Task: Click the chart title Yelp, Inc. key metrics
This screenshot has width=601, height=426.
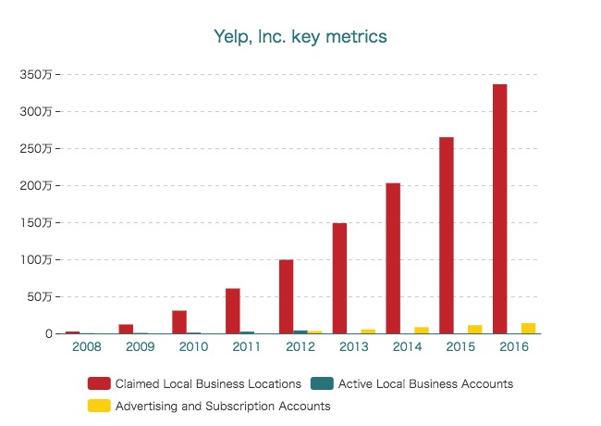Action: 300,37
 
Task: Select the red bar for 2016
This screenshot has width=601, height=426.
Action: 500,208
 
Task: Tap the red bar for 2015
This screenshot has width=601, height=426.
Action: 447,235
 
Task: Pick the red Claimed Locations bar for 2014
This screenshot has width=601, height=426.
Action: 393,258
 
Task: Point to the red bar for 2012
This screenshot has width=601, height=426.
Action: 286,296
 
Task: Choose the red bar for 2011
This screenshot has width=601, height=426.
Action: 232,311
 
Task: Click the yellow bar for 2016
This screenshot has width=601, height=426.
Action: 529,328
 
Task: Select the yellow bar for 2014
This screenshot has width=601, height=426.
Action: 422,330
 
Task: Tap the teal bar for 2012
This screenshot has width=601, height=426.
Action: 300,332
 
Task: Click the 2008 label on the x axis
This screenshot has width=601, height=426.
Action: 86,347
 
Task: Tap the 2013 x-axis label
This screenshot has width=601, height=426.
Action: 354,347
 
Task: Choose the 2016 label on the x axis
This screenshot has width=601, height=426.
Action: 514,347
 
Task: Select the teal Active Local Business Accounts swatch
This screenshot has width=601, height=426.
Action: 323,383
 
